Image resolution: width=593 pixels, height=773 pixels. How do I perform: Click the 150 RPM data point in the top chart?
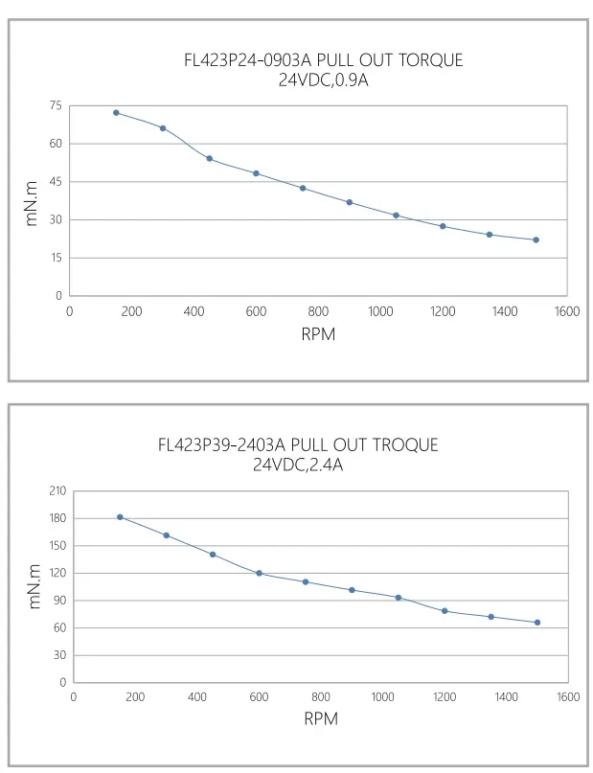click(x=116, y=113)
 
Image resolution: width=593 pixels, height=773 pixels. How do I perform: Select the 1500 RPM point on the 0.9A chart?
click(x=536, y=239)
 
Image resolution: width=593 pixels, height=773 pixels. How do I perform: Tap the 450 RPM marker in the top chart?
click(x=209, y=159)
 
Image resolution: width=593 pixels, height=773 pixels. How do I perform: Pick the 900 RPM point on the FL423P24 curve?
click(x=349, y=202)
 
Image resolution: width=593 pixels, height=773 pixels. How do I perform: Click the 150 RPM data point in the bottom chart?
click(x=120, y=517)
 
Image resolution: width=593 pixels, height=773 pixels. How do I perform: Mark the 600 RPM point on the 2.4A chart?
click(x=259, y=573)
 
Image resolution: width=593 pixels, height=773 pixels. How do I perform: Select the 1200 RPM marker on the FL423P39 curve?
click(x=445, y=611)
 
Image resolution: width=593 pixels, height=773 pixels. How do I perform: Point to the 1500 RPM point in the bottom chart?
click(x=537, y=623)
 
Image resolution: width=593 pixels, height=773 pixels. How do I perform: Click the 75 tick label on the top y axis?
click(x=56, y=105)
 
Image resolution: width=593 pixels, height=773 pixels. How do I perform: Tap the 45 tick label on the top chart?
click(x=56, y=182)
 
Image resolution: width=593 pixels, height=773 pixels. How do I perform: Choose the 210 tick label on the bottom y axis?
click(x=57, y=490)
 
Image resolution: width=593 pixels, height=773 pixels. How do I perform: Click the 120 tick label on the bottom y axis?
click(x=57, y=573)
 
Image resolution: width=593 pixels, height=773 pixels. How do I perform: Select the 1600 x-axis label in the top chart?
click(x=566, y=311)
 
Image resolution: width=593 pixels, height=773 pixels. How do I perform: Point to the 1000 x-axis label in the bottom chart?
click(x=382, y=697)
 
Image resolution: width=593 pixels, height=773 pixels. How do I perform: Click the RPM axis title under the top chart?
click(x=318, y=335)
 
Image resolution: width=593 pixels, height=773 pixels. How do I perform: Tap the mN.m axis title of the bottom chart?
click(x=35, y=586)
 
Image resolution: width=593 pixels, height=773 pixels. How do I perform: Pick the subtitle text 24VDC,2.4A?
click(x=297, y=465)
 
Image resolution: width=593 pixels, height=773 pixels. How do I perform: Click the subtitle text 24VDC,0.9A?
click(x=323, y=80)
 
